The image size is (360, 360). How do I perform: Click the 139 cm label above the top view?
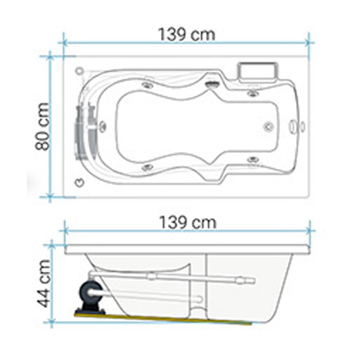(186, 34)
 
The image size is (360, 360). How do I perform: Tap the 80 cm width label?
(42, 126)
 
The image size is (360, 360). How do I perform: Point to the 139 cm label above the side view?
(187, 222)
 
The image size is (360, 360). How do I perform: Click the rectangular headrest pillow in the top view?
(257, 73)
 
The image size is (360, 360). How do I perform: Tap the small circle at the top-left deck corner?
(79, 71)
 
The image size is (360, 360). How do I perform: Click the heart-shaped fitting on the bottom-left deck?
(79, 182)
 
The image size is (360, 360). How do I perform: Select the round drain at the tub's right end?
(268, 127)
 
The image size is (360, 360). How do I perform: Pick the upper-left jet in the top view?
(148, 85)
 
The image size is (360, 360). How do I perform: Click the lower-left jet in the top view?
(148, 167)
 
